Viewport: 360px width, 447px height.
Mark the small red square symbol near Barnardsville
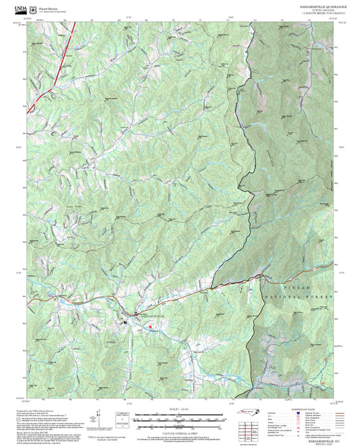(151, 327)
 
